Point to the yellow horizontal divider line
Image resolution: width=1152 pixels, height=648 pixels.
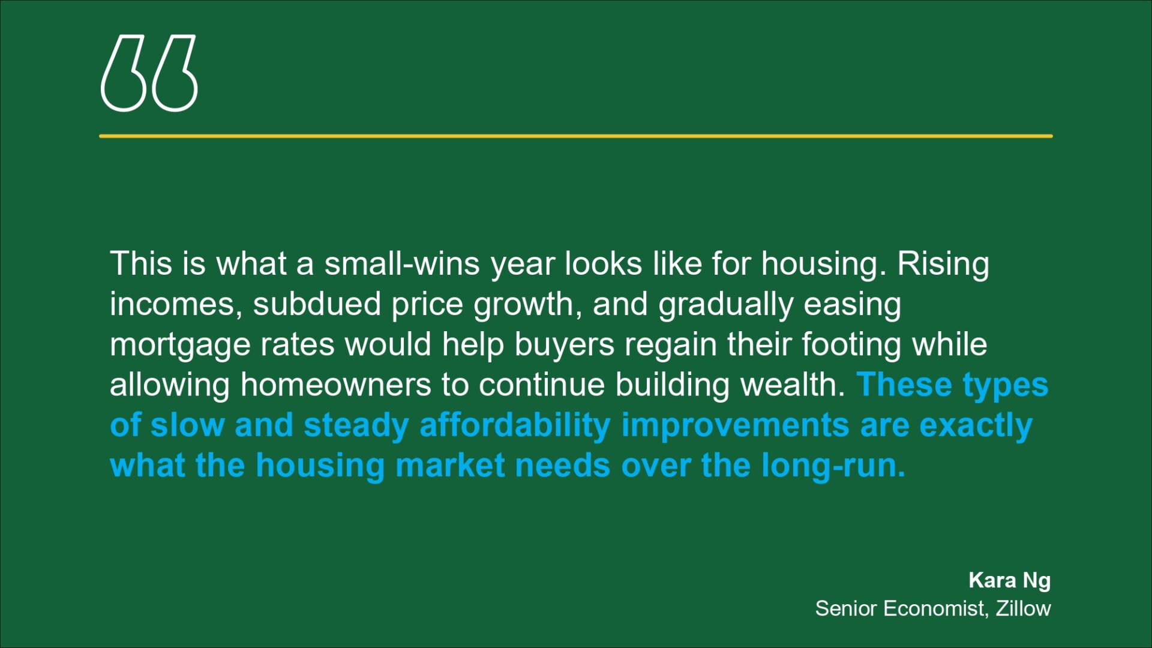(576, 136)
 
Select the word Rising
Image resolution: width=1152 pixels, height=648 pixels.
(943, 265)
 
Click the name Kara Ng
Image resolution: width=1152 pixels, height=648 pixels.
(1009, 581)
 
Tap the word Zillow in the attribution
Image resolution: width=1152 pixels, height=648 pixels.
(1023, 608)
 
